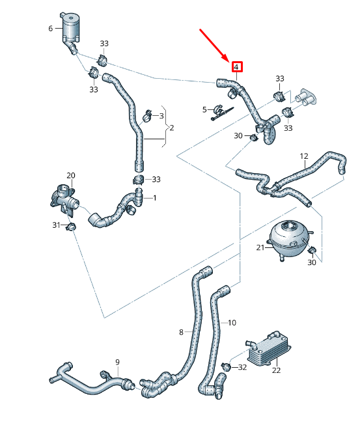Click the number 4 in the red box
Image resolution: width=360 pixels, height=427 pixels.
click(237, 66)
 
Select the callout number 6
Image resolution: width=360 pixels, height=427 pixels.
click(50, 29)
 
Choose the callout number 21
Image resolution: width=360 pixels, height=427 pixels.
click(260, 247)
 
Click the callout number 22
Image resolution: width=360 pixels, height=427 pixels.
click(276, 370)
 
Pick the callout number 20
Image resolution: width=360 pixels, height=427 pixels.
click(71, 176)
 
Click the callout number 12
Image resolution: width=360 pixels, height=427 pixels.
click(303, 156)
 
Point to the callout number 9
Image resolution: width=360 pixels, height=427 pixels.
click(117, 362)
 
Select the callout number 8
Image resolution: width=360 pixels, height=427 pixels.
click(182, 332)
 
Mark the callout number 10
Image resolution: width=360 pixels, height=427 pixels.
click(232, 322)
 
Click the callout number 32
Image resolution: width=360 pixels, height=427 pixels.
click(242, 367)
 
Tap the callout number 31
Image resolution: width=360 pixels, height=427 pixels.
click(57, 225)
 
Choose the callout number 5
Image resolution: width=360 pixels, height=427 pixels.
click(204, 109)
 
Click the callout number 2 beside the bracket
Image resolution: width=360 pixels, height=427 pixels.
click(171, 128)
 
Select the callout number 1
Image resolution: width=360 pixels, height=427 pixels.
click(155, 197)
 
